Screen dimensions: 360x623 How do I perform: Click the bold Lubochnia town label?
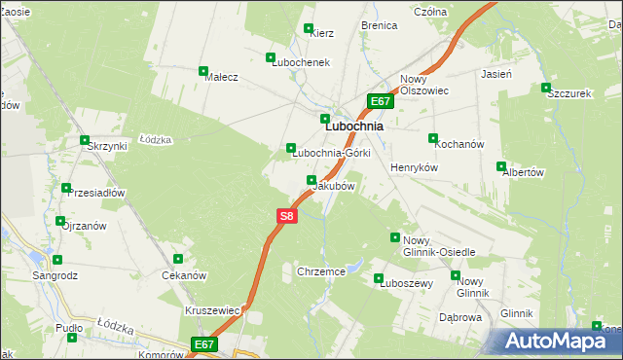[353, 126]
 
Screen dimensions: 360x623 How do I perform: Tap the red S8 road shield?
[285, 216]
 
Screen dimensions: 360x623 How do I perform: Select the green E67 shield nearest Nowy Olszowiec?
[381, 101]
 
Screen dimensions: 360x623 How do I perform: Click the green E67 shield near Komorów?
[203, 344]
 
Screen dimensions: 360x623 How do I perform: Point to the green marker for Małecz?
[203, 71]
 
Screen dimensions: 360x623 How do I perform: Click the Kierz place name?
[321, 33]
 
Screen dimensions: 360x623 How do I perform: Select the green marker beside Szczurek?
[546, 89]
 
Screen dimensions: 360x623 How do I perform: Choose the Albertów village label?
[522, 172]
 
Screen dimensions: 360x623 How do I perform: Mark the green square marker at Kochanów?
[433, 138]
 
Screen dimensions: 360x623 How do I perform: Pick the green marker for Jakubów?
[311, 180]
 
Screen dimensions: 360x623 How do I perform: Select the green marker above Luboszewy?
[379, 278]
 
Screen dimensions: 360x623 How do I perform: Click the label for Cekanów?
[182, 275]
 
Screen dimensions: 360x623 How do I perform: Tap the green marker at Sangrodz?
[57, 260]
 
